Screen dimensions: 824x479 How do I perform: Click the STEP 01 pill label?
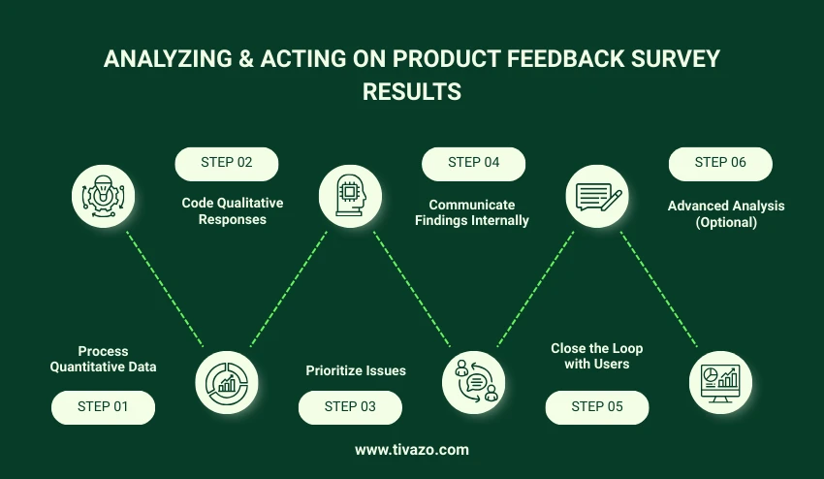(103, 407)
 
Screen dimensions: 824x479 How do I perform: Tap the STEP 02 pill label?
(227, 164)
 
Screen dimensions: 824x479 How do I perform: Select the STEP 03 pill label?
(350, 407)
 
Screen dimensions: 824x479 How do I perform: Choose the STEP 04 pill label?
(473, 164)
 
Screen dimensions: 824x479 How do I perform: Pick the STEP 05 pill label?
(597, 407)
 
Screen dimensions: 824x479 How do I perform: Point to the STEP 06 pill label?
(720, 164)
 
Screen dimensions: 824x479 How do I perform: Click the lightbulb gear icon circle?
(103, 196)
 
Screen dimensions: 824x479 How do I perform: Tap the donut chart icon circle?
(227, 382)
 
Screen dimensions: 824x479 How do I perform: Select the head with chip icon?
(350, 196)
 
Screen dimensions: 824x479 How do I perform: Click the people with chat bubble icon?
(473, 382)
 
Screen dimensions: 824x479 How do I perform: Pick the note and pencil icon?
(597, 196)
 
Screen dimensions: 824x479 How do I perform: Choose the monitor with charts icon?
(720, 382)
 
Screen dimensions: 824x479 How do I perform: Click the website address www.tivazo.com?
(412, 450)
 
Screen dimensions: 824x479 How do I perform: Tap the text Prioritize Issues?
(356, 370)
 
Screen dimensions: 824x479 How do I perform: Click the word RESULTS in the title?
(412, 91)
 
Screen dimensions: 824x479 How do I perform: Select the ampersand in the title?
(246, 58)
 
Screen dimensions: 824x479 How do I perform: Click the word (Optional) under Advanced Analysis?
(726, 222)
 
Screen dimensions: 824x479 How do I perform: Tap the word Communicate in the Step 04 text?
(472, 205)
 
